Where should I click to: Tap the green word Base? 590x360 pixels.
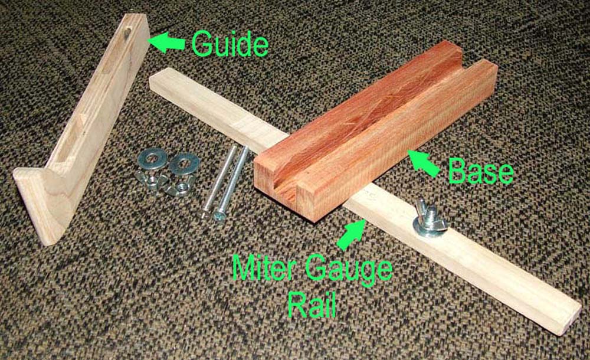coord(480,171)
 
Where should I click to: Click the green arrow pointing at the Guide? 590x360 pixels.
coord(166,41)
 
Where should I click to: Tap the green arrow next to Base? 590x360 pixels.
coord(424,163)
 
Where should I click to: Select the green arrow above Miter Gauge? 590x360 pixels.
coord(351,234)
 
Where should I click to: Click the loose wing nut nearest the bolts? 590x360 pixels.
coord(178,186)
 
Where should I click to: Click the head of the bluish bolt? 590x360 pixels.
coord(219,216)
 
